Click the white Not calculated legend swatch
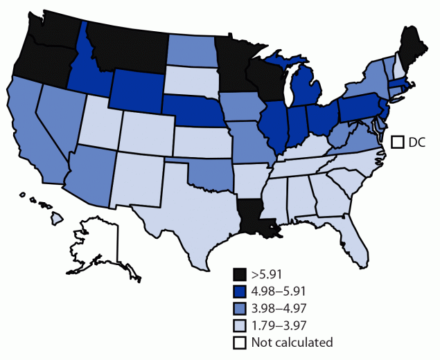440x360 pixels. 240,341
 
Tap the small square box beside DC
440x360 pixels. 398,142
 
